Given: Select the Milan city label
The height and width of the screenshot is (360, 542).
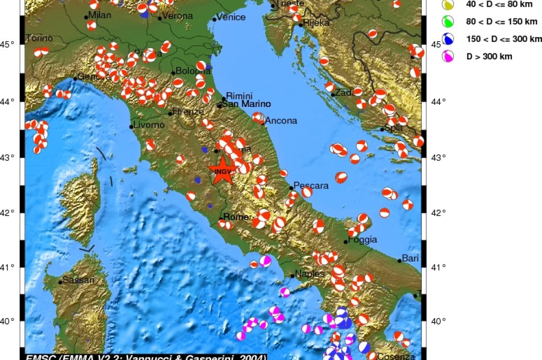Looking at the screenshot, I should (x=100, y=15).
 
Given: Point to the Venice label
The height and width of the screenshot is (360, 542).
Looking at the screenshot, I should (x=231, y=17).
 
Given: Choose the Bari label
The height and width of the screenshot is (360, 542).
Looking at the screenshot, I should (x=410, y=258).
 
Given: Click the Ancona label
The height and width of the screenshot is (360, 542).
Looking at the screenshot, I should (x=281, y=121).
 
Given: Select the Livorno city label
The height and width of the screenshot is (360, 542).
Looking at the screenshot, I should (x=149, y=125).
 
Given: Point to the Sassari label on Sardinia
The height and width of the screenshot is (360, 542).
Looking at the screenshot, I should (x=78, y=280).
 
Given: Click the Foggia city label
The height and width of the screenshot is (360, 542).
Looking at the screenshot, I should (x=363, y=239).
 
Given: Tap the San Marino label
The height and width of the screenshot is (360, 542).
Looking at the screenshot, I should (x=246, y=104).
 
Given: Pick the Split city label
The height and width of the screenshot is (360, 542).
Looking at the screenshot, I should (x=393, y=128).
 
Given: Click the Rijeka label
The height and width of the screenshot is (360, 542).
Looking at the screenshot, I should (x=317, y=23).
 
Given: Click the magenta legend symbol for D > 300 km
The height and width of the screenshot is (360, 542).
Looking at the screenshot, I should (x=448, y=56).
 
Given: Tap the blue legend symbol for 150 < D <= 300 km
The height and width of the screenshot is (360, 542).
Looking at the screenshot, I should (x=448, y=39).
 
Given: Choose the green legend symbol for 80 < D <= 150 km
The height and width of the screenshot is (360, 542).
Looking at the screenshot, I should (x=448, y=21).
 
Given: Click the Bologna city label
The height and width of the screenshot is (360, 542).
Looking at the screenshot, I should (x=189, y=71).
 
